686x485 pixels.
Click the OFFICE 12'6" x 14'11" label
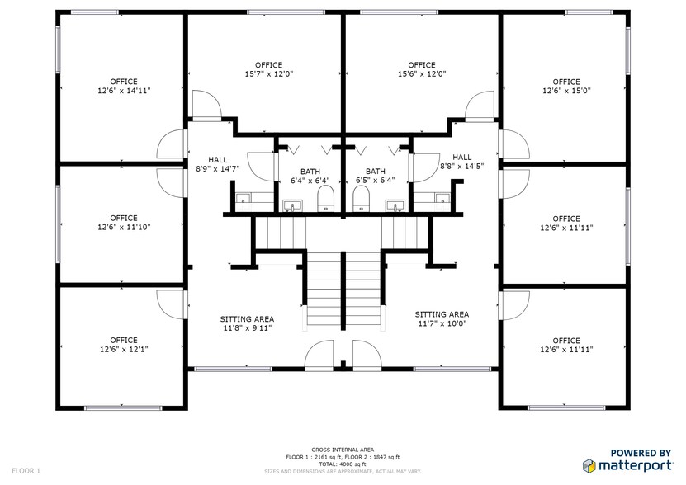pyautogui.click(x=124, y=87)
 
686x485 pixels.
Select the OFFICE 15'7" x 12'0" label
pyautogui.click(x=268, y=69)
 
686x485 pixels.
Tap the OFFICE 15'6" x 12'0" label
pyautogui.click(x=422, y=69)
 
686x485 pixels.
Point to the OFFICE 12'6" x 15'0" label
pyautogui.click(x=566, y=87)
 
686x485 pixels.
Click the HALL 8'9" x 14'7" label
pyautogui.click(x=217, y=163)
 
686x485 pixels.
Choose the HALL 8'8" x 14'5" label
pyautogui.click(x=461, y=162)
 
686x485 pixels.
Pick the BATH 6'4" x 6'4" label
pyautogui.click(x=310, y=175)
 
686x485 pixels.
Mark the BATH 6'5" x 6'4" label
pyautogui.click(x=376, y=175)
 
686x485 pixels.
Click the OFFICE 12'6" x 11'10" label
pyautogui.click(x=124, y=223)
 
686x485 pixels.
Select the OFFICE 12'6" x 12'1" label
pyautogui.click(x=124, y=344)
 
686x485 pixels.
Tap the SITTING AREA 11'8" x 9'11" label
pyautogui.click(x=247, y=323)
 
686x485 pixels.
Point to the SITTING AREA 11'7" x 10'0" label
pyautogui.click(x=442, y=319)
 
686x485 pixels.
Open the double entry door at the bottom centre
pyautogui.click(x=343, y=357)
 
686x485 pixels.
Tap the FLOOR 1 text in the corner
pyautogui.click(x=26, y=470)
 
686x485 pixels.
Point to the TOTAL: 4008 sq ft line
pyautogui.click(x=343, y=464)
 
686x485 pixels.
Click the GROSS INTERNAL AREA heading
pyautogui.click(x=343, y=450)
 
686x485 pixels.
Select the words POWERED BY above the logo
pyautogui.click(x=640, y=453)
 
